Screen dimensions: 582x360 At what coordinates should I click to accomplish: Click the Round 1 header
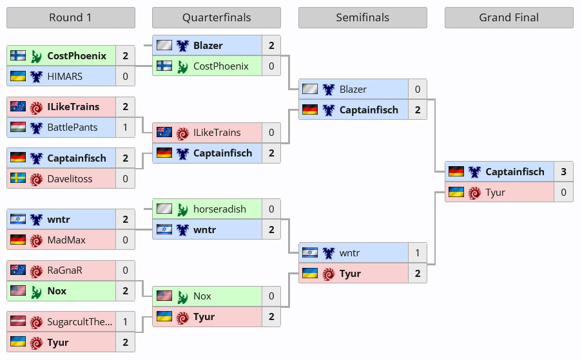tap(70, 17)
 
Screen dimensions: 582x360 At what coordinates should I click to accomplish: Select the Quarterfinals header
tap(217, 17)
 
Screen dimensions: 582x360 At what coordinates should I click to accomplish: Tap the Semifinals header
tap(363, 17)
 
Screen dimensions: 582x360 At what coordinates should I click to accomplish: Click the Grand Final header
tap(509, 17)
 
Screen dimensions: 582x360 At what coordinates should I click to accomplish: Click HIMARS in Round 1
tap(65, 77)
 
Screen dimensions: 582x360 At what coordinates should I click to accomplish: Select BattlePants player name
tap(72, 128)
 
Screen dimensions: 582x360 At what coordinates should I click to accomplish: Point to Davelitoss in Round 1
tap(70, 178)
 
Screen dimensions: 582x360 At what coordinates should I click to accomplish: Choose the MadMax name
tap(66, 240)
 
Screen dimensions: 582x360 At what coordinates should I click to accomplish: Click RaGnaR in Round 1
tap(65, 270)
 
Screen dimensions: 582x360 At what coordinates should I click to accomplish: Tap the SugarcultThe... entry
tap(79, 322)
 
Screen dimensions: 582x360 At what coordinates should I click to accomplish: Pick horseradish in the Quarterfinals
tap(220, 209)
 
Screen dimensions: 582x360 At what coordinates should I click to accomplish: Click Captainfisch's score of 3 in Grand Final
tap(563, 172)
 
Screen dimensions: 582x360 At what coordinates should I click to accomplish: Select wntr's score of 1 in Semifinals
tap(418, 253)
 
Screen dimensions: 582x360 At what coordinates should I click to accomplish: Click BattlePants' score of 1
tap(126, 128)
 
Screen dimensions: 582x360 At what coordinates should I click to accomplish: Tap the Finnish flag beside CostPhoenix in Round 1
tap(18, 55)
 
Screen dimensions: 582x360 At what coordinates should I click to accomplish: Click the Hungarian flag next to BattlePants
tap(18, 127)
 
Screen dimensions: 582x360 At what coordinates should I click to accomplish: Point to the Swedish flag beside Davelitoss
tap(18, 178)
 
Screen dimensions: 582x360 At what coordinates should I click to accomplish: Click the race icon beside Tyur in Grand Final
tap(474, 193)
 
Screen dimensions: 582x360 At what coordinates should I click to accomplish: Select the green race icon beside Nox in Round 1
tap(36, 291)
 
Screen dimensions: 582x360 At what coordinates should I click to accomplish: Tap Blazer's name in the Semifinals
tap(353, 90)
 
